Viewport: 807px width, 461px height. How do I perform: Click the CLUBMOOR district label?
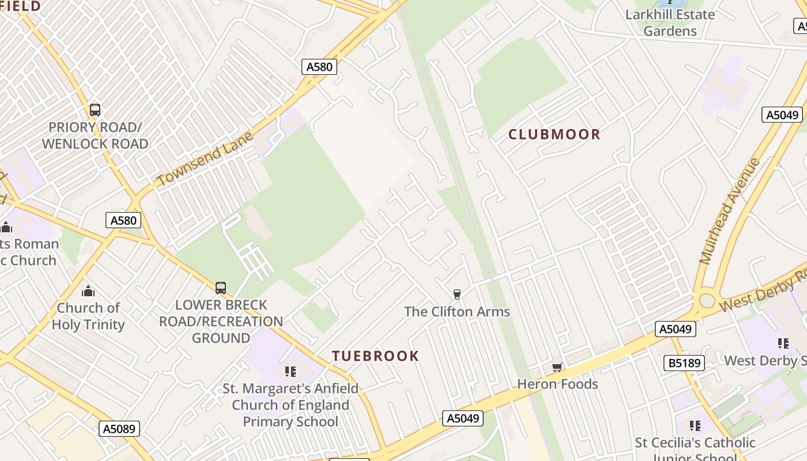(554, 135)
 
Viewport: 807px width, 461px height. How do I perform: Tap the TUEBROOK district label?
(375, 356)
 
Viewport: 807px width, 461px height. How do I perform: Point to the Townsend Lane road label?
(205, 158)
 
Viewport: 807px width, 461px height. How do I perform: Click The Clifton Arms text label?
(457, 312)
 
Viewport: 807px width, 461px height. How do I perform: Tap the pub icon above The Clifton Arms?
(457, 294)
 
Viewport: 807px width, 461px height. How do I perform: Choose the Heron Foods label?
(557, 384)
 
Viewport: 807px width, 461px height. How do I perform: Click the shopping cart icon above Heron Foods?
(557, 368)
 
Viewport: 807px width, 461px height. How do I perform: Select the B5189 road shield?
(685, 363)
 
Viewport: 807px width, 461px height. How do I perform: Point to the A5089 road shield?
(120, 429)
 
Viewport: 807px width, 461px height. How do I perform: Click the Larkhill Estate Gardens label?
(670, 22)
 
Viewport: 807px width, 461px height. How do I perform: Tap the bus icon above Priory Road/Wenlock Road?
(95, 109)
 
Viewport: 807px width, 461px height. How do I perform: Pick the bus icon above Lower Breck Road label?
(221, 288)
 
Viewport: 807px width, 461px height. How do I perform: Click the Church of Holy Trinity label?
(88, 316)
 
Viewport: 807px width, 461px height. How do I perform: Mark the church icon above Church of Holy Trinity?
(88, 291)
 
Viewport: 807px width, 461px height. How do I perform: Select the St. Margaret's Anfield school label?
(291, 405)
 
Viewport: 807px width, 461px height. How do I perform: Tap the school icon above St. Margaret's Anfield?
(291, 371)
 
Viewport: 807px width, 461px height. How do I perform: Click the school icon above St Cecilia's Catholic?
(695, 426)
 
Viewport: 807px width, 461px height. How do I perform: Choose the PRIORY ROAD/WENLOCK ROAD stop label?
(95, 135)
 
